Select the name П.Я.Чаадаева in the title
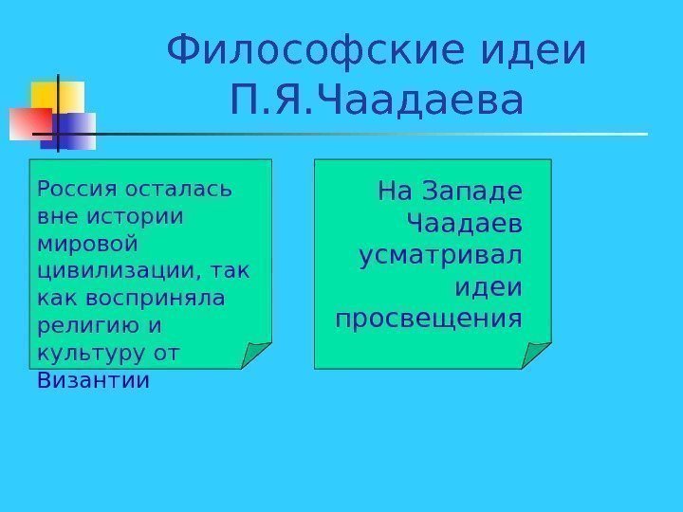(x=377, y=101)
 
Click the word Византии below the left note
(x=93, y=381)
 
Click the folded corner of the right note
(x=537, y=355)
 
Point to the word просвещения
(x=429, y=317)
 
